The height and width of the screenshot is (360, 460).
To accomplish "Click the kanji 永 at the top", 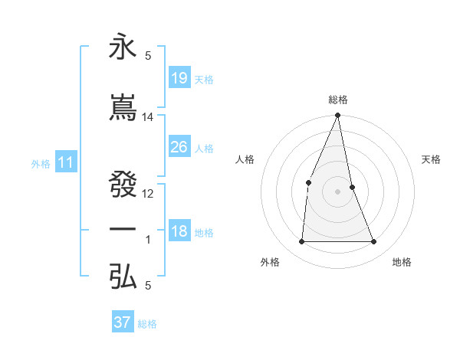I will (x=123, y=47).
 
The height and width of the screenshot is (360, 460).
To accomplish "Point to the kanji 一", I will (x=123, y=230).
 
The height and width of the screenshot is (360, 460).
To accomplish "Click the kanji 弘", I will (x=123, y=277).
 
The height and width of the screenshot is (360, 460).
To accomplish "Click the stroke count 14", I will (x=148, y=117).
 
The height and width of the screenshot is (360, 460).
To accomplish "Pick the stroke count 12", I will (x=148, y=194).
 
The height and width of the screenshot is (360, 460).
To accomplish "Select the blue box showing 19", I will (x=179, y=77).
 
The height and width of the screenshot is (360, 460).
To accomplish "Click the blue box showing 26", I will (x=179, y=146).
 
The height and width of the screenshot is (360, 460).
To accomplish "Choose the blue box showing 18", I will (x=179, y=231).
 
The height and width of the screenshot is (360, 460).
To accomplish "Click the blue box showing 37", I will (x=122, y=322).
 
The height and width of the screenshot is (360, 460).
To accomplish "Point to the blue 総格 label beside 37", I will (x=147, y=324).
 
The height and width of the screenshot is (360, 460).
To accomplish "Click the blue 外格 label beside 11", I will (x=40, y=163).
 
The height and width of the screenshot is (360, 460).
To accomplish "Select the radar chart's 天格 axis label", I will (x=432, y=160).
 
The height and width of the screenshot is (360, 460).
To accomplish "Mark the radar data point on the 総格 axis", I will (x=338, y=115).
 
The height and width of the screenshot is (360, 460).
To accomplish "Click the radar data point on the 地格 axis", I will (x=374, y=241).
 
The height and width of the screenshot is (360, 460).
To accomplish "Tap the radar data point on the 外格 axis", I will (x=301, y=241).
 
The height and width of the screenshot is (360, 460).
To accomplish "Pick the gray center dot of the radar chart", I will (x=338, y=191).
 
